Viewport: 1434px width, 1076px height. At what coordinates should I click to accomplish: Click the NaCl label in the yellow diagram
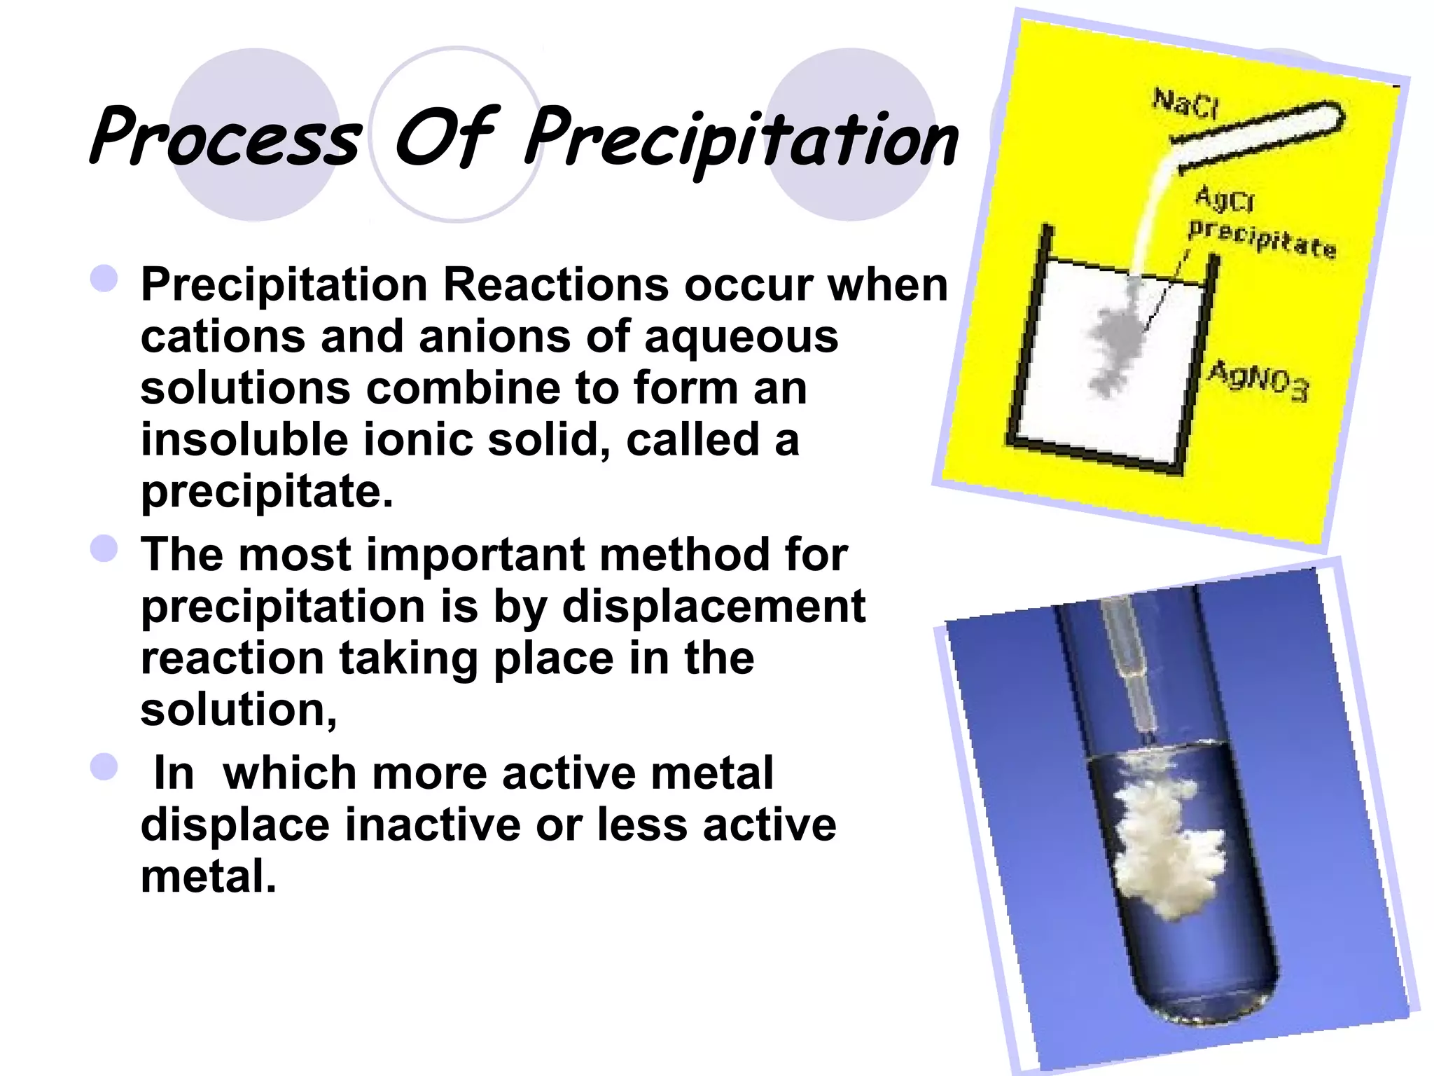coord(1186,103)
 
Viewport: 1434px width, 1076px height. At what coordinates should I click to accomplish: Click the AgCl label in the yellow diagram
coord(1225,198)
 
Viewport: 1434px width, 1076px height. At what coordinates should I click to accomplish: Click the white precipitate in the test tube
coord(1162,841)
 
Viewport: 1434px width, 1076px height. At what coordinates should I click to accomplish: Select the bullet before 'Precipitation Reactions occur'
coord(104,278)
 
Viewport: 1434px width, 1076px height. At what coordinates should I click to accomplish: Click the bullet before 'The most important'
coord(104,548)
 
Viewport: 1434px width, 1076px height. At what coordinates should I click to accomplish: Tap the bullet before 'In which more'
coord(104,766)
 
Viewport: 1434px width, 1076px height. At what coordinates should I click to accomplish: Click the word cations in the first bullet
coord(222,336)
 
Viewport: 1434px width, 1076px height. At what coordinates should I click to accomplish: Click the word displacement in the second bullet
coord(713,606)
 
